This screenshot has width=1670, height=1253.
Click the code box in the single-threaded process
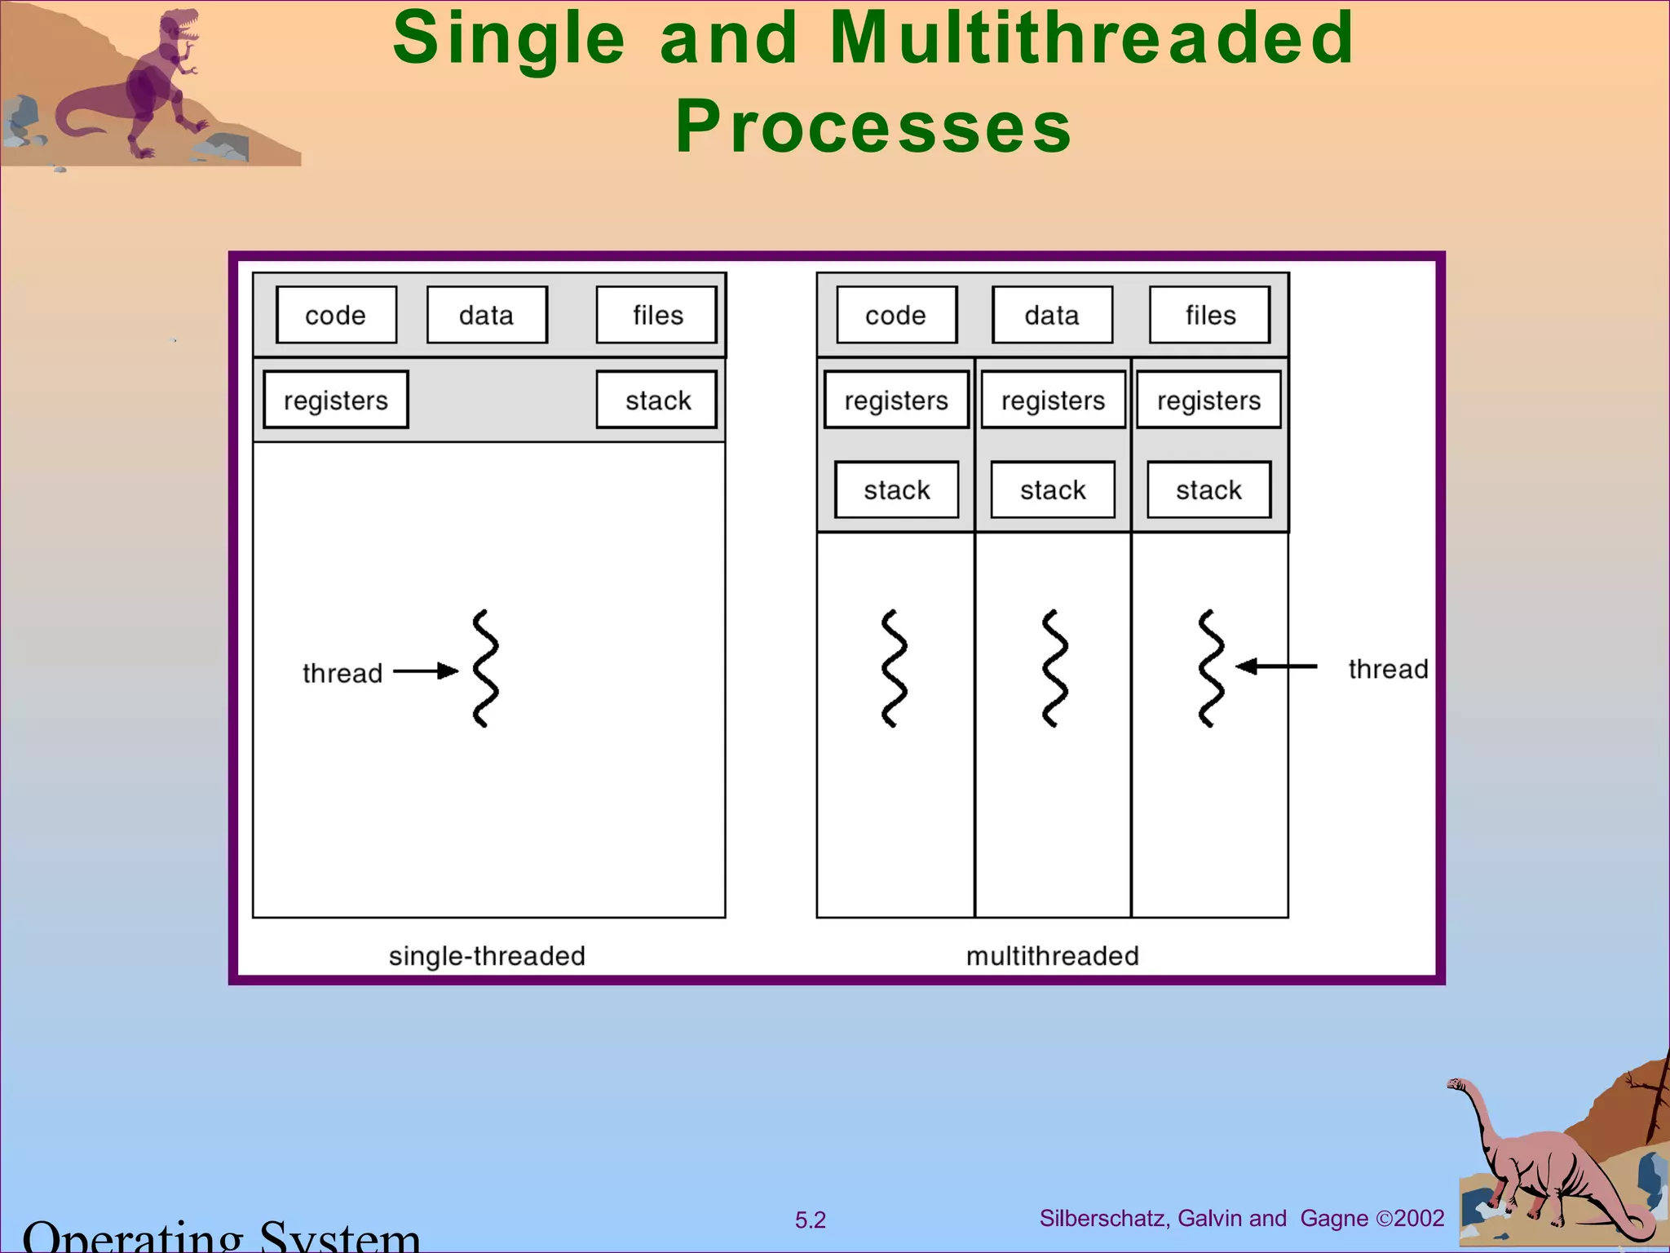tap(336, 315)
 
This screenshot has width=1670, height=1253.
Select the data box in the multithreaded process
tap(1052, 315)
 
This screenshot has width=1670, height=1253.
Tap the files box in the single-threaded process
tap(656, 315)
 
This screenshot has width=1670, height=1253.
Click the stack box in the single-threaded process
tap(656, 400)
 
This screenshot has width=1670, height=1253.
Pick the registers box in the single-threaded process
tap(336, 400)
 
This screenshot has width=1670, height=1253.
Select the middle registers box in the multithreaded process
tap(1053, 400)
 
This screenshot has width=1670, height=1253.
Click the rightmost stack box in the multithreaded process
tap(1208, 489)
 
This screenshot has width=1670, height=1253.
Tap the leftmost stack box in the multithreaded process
tap(896, 489)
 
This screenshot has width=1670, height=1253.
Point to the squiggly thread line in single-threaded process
tap(485, 668)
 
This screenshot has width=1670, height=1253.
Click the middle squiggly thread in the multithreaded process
tap(1054, 668)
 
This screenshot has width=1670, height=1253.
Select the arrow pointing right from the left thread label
tap(425, 671)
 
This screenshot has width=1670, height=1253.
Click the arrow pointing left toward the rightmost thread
tap(1276, 666)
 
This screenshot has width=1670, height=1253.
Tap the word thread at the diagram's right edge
tap(1388, 669)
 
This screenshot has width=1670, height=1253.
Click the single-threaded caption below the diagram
tap(487, 955)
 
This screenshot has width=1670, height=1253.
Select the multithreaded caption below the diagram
tap(1052, 955)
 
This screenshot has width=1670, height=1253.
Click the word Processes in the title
tap(873, 126)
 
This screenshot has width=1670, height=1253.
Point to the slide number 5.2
tap(810, 1220)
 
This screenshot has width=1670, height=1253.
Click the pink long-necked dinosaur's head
tap(1456, 1084)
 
